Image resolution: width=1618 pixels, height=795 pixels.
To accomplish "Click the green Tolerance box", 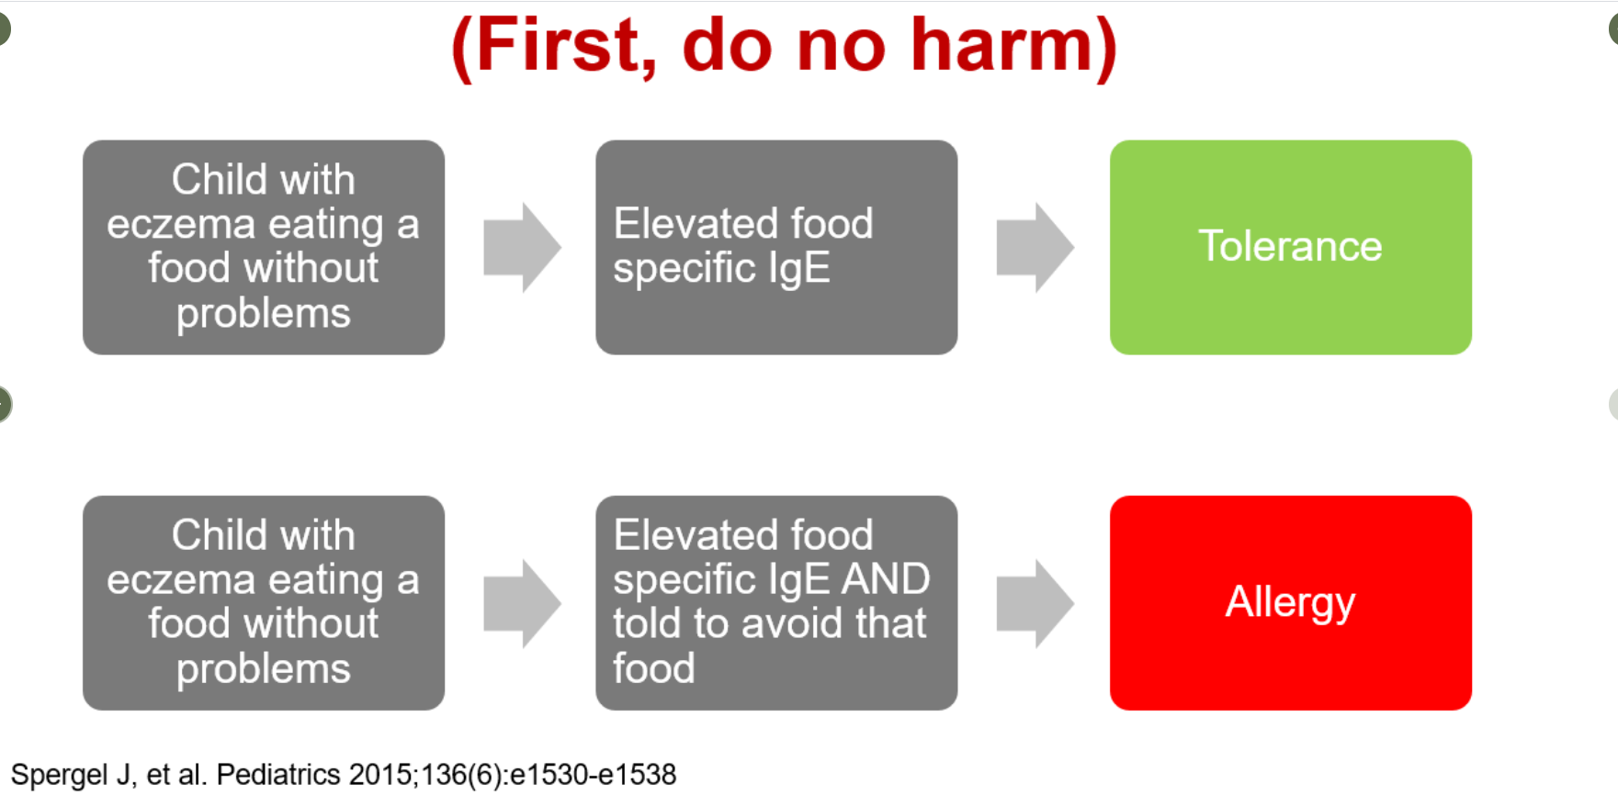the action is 1290,247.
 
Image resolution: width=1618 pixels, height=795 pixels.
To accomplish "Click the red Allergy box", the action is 1290,603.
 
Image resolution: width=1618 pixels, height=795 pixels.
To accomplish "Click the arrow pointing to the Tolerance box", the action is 1035,247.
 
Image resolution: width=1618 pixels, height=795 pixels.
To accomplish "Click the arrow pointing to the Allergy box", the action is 1035,603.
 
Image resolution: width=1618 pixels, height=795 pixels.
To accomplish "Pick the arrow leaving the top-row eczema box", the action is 523,247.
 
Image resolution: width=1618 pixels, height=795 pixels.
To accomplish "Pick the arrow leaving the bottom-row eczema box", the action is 523,603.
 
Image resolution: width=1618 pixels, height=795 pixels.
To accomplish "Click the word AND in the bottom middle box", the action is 886,579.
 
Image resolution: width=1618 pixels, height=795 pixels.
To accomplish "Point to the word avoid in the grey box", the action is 798,623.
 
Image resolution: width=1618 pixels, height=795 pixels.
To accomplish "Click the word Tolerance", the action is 1290,246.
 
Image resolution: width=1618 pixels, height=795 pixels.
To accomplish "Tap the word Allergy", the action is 1290,603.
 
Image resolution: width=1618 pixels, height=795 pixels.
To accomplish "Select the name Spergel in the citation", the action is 60,775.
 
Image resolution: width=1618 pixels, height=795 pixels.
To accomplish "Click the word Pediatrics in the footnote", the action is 278,775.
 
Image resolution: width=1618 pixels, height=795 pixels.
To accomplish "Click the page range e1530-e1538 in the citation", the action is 593,775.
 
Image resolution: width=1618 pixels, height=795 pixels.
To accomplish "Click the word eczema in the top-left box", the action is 180,224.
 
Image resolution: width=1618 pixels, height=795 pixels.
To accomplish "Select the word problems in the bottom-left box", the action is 264,670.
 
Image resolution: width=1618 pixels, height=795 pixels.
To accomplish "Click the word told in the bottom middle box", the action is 648,623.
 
